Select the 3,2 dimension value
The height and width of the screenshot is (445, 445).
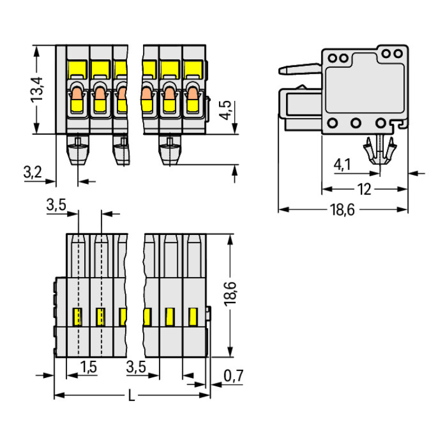click(33, 173)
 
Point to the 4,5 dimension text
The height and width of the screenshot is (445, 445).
click(225, 110)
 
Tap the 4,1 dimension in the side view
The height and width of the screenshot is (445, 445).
click(342, 164)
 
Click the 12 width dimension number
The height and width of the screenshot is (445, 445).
click(364, 189)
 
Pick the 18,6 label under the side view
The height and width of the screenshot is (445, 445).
click(343, 209)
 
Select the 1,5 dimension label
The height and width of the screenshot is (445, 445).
click(88, 367)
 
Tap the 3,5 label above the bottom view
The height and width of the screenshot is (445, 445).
click(56, 206)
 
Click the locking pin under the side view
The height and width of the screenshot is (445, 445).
click(380, 151)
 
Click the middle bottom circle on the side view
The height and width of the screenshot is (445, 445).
click(356, 123)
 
